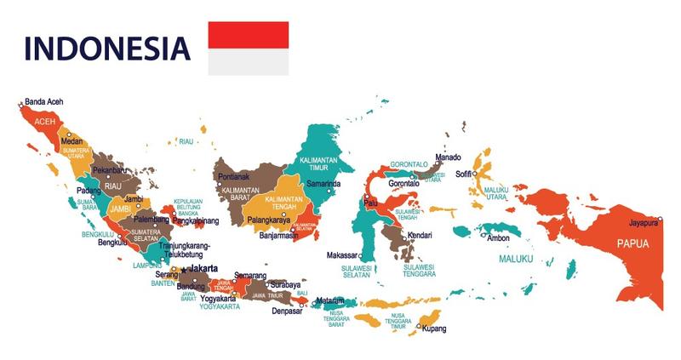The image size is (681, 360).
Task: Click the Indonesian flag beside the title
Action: pyautogui.click(x=249, y=49)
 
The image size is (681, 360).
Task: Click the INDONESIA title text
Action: pyautogui.click(x=106, y=49)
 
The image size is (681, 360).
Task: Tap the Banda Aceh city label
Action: pyautogui.click(x=44, y=101)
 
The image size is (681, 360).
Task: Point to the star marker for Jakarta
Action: pyautogui.click(x=184, y=270)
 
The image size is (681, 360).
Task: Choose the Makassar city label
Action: pyautogui.click(x=343, y=255)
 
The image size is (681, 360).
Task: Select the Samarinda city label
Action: pyautogui.click(x=323, y=184)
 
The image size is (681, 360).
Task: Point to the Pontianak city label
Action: pyautogui.click(x=234, y=177)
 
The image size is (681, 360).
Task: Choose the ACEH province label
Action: pyautogui.click(x=44, y=123)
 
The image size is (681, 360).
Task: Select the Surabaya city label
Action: pyautogui.click(x=286, y=284)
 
